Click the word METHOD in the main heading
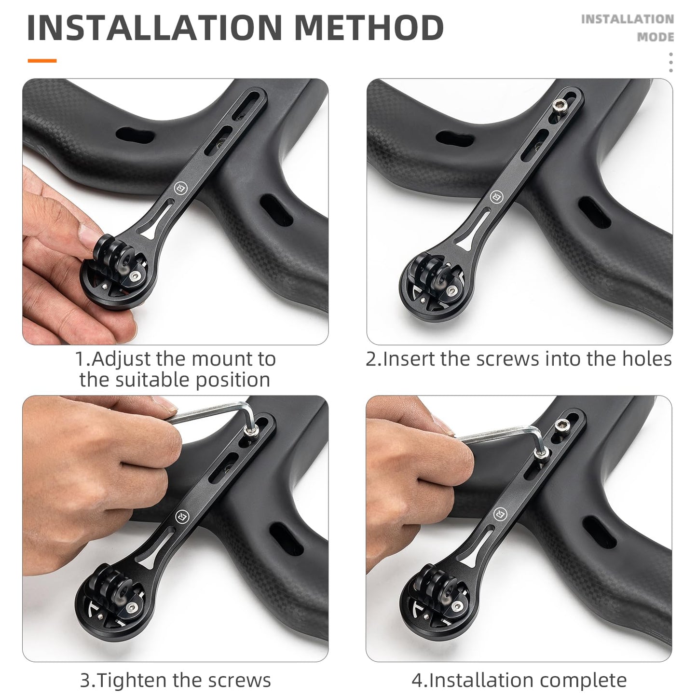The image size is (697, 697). [369, 27]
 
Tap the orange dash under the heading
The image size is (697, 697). [42, 61]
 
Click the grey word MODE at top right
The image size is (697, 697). [655, 37]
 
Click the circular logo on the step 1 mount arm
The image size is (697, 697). [178, 189]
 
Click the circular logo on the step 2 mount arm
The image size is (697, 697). [496, 197]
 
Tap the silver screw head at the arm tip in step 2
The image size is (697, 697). [560, 105]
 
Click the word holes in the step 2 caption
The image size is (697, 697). [645, 359]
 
